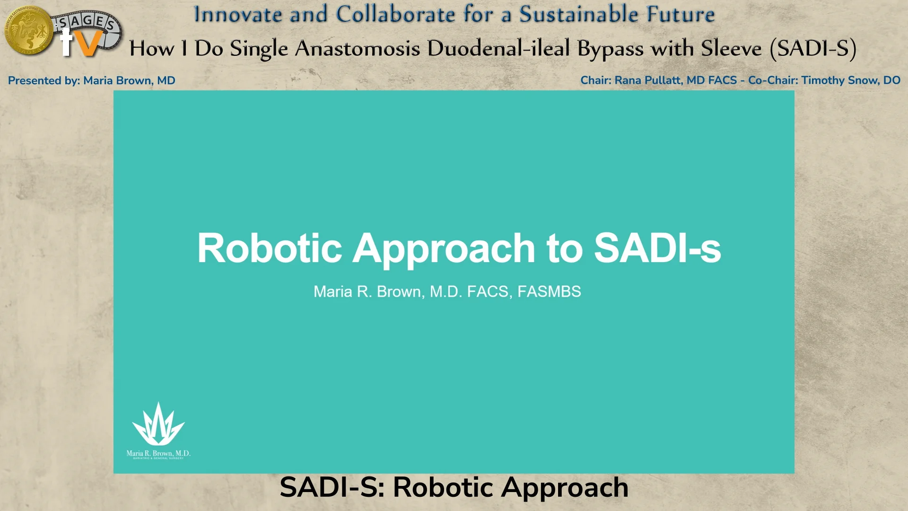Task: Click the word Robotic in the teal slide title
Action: (270, 248)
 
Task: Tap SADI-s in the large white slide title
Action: (657, 248)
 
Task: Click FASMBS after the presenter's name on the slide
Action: (549, 291)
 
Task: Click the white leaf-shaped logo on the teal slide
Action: (158, 424)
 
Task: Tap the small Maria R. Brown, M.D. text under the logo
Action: (158, 453)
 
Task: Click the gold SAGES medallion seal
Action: (28, 31)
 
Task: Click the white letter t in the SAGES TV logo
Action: (66, 43)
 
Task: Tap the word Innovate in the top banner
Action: (238, 14)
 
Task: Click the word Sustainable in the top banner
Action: (579, 14)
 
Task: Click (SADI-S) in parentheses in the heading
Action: (813, 49)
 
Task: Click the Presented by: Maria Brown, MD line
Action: (91, 80)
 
